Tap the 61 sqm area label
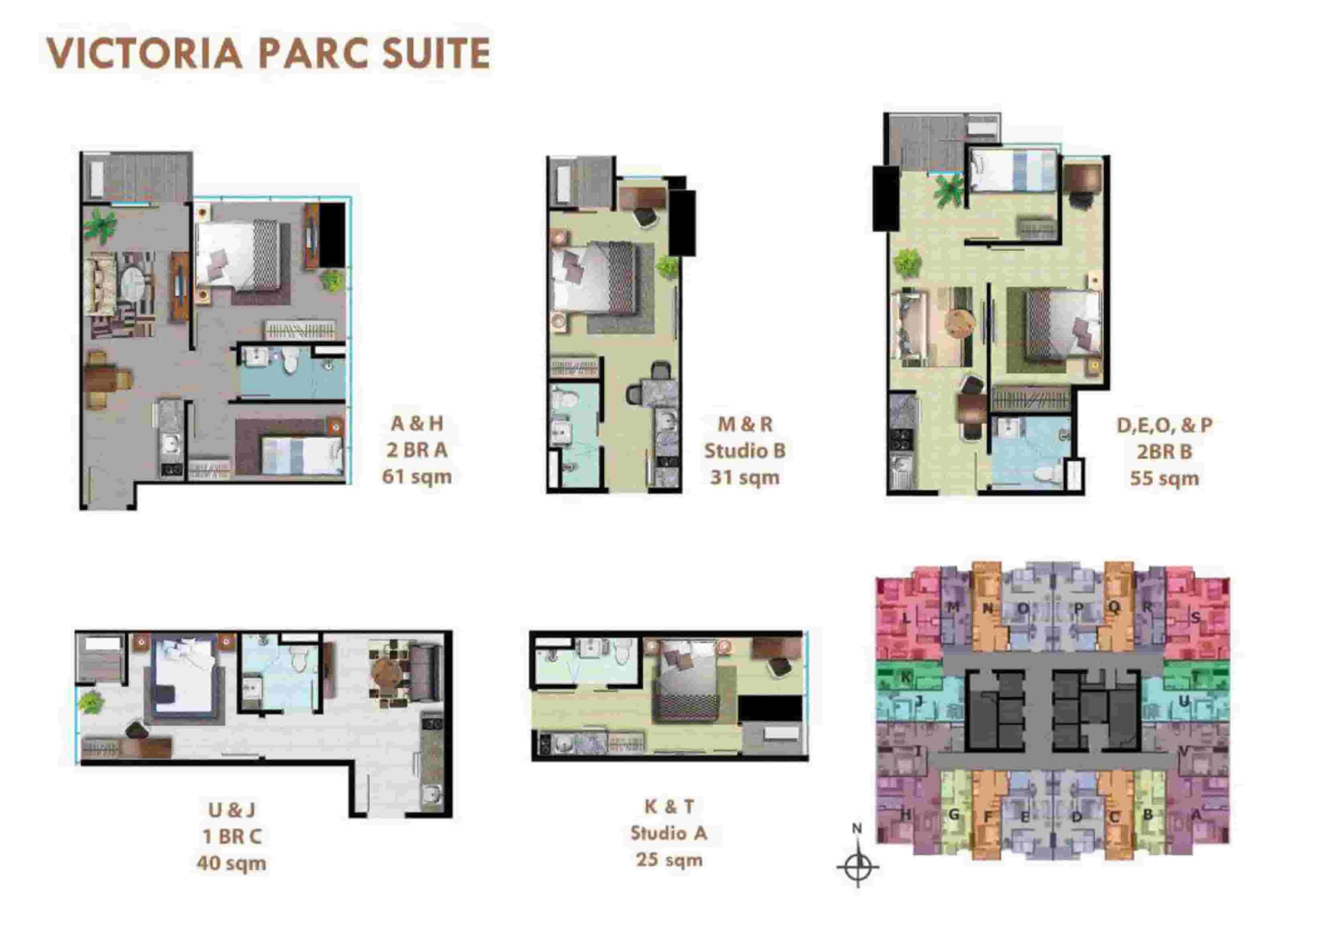[417, 477]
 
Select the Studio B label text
[745, 451]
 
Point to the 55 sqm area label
[1164, 478]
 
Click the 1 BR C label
[232, 837]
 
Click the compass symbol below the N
[857, 867]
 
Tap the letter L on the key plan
[906, 620]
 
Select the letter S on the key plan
[1196, 618]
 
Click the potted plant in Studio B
[667, 266]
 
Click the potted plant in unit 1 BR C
[91, 703]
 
